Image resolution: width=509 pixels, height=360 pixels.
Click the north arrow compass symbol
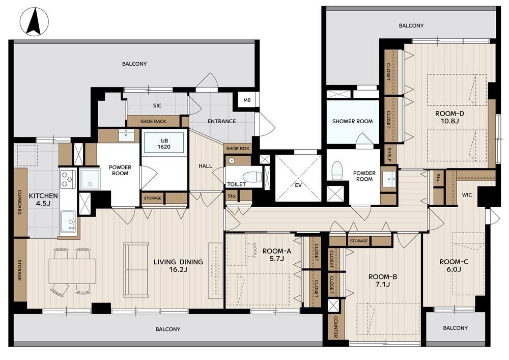[34, 22]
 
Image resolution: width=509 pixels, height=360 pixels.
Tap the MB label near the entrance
[247, 100]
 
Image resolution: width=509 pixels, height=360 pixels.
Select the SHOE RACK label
[153, 121]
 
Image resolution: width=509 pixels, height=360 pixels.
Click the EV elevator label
[298, 185]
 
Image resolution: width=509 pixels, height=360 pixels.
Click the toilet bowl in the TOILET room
[252, 177]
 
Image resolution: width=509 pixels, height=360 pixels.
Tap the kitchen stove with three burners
[68, 179]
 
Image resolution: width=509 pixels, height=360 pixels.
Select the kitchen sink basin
[69, 221]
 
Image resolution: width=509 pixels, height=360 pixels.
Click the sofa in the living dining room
[136, 269]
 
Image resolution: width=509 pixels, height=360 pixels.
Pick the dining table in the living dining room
[72, 271]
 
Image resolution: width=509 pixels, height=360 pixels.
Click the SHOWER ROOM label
[353, 121]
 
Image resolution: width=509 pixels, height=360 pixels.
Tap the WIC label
[467, 195]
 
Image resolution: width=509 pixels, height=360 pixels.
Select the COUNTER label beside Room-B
[335, 327]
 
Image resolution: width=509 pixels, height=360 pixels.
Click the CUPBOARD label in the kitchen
[19, 202]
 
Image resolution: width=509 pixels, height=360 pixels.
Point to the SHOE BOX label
[238, 148]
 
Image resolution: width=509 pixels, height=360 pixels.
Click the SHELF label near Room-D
[389, 155]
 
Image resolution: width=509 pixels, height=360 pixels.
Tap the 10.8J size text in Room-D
[449, 121]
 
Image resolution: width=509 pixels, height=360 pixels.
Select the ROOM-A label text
[276, 251]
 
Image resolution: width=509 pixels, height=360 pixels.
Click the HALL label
[205, 166]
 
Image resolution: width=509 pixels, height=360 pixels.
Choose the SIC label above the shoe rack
[157, 105]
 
